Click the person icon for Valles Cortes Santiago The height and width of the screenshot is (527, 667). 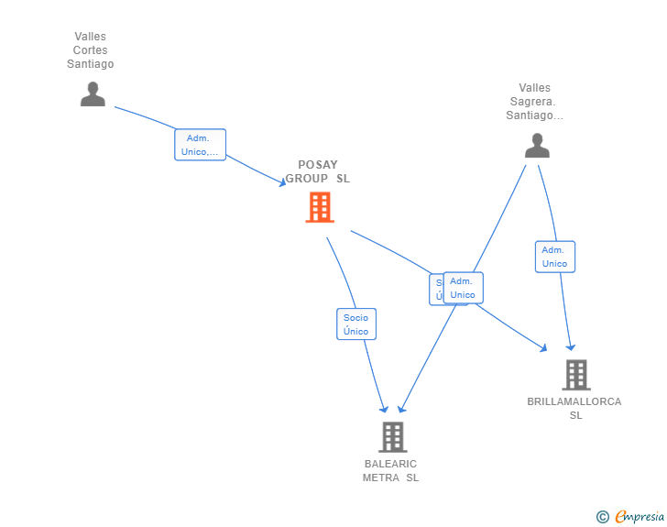pos(93,94)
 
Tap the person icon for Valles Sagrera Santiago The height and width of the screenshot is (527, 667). pos(537,146)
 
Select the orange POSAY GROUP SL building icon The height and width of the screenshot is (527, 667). pos(319,207)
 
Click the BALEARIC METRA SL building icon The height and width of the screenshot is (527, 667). pos(392,437)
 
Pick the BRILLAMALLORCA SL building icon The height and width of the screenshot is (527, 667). pos(575,374)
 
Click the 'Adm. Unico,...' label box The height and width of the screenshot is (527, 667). pos(200,145)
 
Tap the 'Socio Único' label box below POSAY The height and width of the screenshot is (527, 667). pos(355,324)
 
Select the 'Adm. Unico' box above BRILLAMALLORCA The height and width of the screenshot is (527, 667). pos(554,257)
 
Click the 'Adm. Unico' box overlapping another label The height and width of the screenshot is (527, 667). pos(463,288)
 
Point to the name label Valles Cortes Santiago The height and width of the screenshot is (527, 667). pos(90,50)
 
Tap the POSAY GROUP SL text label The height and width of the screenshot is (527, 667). pos(317,172)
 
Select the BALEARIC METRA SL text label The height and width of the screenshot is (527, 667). pos(390,470)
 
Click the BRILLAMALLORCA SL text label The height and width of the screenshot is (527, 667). pos(574,408)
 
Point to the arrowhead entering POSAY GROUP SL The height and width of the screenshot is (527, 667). pos(283,183)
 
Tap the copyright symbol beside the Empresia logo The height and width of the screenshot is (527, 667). pos(603,518)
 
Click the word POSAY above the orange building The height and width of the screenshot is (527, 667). pos(317,166)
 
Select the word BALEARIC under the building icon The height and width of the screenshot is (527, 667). pos(390,464)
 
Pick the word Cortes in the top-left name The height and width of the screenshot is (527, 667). pos(90,50)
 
